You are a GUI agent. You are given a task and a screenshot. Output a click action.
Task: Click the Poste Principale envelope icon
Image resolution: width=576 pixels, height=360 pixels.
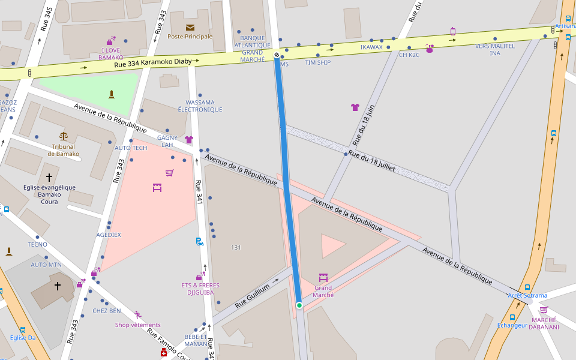(x=190, y=28)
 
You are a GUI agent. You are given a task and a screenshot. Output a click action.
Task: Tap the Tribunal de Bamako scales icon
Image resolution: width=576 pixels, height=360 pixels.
(x=64, y=136)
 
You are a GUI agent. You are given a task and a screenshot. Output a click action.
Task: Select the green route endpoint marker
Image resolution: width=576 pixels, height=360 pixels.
(x=299, y=305)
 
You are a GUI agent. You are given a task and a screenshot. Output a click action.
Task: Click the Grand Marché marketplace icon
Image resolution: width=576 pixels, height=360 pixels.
(x=323, y=277)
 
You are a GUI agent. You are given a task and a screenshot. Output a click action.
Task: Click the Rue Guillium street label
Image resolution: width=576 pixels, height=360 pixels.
(x=252, y=296)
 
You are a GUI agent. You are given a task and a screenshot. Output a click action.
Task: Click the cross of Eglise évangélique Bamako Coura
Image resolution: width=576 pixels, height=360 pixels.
(x=49, y=178)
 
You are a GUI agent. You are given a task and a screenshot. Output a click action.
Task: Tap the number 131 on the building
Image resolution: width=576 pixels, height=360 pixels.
(x=236, y=247)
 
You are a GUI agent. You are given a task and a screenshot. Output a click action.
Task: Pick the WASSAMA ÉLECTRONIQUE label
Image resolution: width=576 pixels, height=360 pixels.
(x=200, y=106)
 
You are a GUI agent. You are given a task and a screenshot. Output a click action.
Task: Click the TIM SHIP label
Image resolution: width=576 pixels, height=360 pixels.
(x=317, y=62)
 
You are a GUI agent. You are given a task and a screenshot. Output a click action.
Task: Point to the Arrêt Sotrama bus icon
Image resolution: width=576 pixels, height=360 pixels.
(x=527, y=287)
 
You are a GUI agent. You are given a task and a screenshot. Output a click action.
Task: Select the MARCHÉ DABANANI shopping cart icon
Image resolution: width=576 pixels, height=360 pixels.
(x=544, y=310)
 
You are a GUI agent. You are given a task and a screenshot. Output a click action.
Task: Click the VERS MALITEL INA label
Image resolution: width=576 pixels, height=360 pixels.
(x=494, y=49)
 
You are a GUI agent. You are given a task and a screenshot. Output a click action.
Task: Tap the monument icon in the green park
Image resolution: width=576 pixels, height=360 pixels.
(x=111, y=94)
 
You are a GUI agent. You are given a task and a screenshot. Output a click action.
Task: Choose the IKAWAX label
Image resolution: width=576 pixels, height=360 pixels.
(x=371, y=47)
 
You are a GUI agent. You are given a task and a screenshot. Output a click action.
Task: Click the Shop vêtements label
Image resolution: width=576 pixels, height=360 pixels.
(x=138, y=325)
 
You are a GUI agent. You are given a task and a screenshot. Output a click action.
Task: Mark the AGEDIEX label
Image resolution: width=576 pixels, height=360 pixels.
(x=109, y=235)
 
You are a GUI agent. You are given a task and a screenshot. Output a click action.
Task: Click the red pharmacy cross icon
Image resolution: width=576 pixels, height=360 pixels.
(x=163, y=353)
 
